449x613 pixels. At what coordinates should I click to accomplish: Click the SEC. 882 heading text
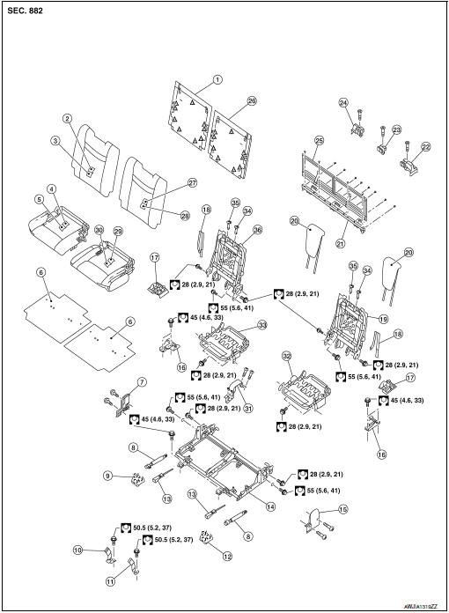pyautogui.click(x=26, y=12)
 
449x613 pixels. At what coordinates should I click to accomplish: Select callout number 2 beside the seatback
pyautogui.click(x=67, y=118)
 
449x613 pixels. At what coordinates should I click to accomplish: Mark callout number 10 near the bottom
pyautogui.click(x=78, y=550)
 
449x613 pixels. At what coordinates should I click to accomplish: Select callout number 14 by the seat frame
pyautogui.click(x=269, y=506)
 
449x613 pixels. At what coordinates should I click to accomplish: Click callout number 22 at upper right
pyautogui.click(x=426, y=147)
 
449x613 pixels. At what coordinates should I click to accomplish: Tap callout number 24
pyautogui.click(x=344, y=103)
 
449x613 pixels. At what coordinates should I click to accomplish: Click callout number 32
pyautogui.click(x=287, y=356)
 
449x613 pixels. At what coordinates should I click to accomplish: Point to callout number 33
pyautogui.click(x=261, y=325)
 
